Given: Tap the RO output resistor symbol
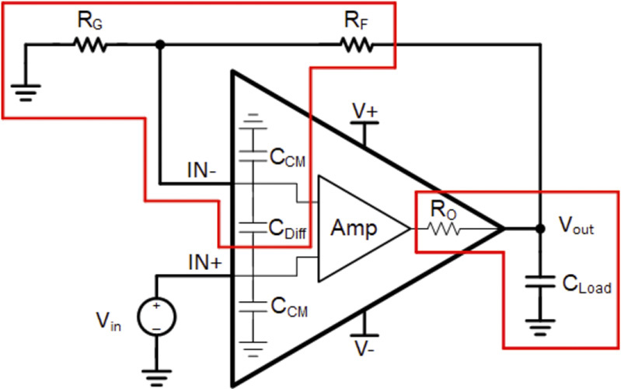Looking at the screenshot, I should click(x=441, y=229).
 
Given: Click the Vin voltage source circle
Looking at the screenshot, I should click(x=156, y=317).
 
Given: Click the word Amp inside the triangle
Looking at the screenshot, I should click(x=354, y=229).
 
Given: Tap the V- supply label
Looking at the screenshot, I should click(x=364, y=345).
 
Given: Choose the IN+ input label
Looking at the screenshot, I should click(x=204, y=262).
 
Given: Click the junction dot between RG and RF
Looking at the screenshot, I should click(x=159, y=45).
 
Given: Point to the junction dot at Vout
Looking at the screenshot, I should click(x=539, y=229).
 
